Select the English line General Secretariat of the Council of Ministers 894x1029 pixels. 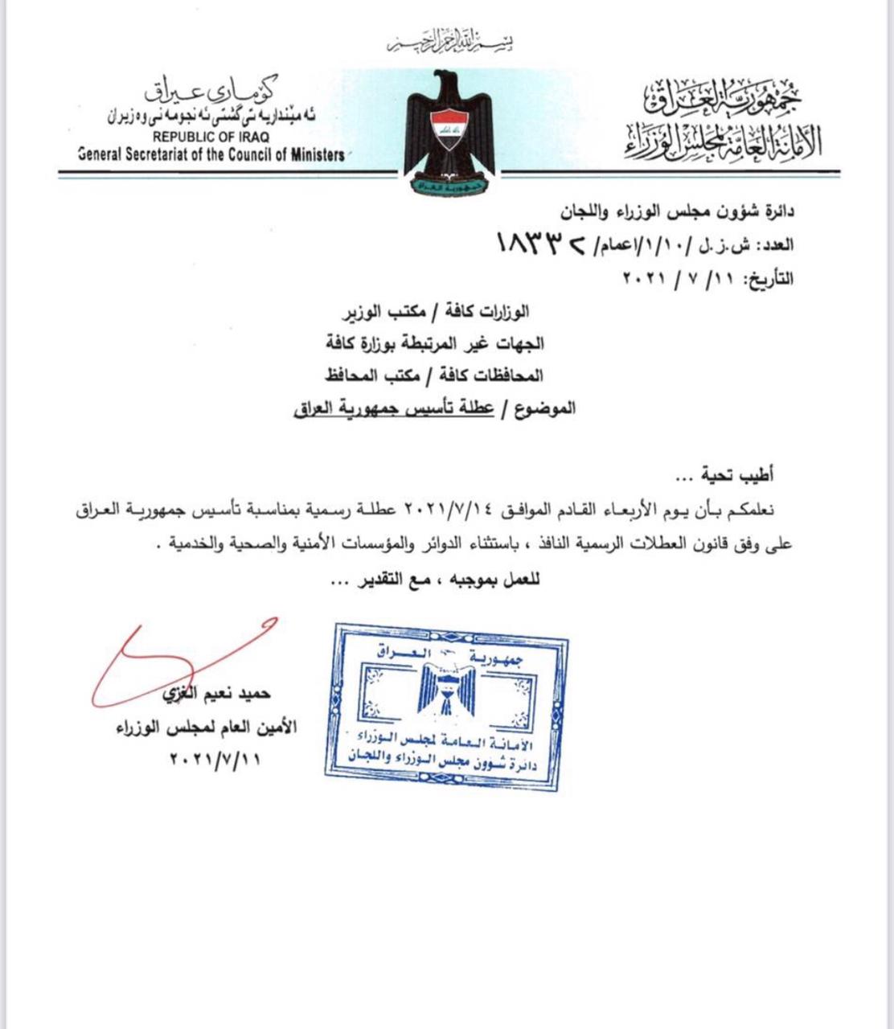211,155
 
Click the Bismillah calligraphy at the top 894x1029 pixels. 449,41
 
